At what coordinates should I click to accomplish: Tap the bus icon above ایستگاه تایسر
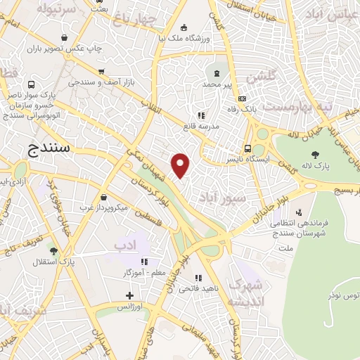click(247, 148)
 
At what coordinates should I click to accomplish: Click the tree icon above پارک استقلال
click(53, 250)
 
